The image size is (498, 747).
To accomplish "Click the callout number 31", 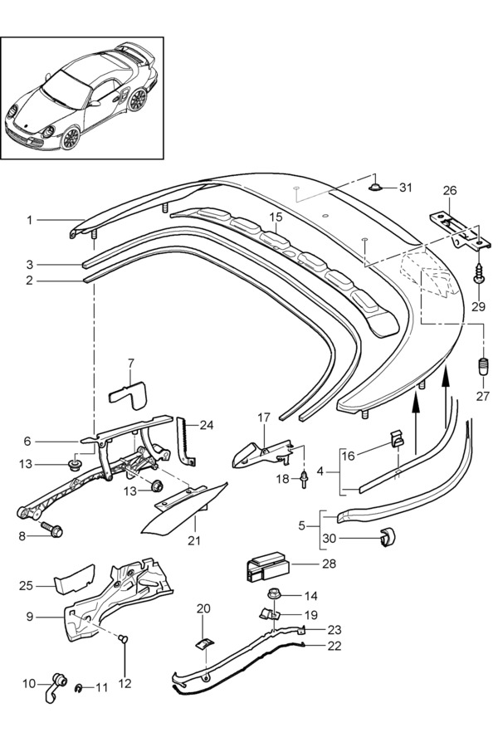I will (x=405, y=188).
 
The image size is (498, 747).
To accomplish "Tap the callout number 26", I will (x=449, y=190).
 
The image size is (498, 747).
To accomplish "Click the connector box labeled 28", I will (x=265, y=569).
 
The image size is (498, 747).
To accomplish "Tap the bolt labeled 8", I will (x=53, y=527).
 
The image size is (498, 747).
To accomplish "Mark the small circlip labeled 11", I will (x=77, y=686).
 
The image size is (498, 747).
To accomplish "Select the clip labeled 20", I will (x=203, y=643).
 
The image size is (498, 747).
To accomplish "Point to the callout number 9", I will (x=29, y=617).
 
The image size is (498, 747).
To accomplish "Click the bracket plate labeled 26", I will (x=455, y=230).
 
